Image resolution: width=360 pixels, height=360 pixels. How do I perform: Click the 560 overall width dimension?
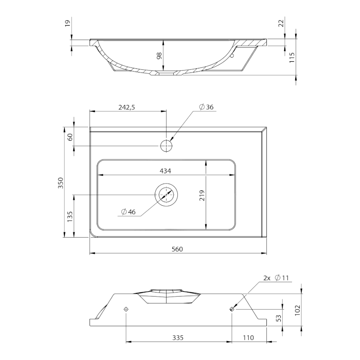point(177,249)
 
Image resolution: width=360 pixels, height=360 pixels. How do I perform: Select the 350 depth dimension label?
point(60,183)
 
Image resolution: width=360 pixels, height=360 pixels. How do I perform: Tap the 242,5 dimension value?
point(127,107)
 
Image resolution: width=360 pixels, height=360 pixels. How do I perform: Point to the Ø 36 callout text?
point(207,107)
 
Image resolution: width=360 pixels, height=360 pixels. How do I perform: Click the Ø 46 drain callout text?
point(128,211)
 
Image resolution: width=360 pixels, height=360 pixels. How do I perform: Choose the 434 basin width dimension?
point(165,171)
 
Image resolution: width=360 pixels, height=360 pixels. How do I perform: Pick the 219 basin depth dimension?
point(202,196)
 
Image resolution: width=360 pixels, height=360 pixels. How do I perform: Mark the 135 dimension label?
point(70,217)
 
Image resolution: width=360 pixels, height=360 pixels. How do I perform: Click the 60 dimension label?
point(70,137)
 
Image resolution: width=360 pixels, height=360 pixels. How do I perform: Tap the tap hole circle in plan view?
point(166,145)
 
